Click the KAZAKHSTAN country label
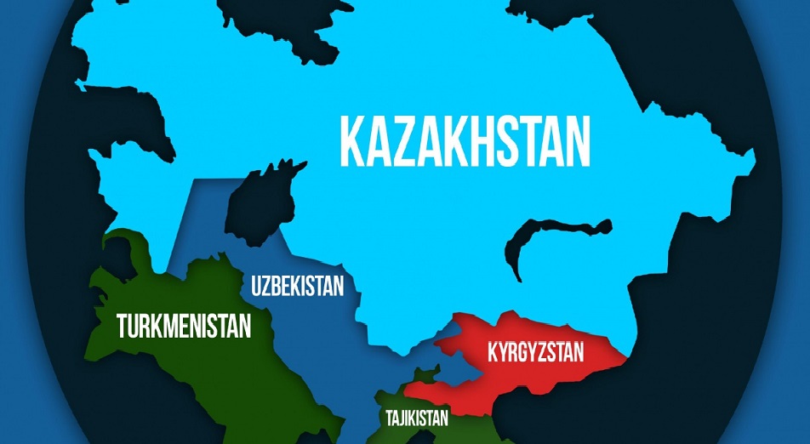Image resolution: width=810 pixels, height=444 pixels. click(x=465, y=141)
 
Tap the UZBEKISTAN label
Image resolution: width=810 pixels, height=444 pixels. click(x=297, y=286)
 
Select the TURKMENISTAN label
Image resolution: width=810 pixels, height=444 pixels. click(x=184, y=325)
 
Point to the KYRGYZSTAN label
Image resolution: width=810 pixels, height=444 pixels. click(x=536, y=351)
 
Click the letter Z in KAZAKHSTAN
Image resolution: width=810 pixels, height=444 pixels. click(x=413, y=141)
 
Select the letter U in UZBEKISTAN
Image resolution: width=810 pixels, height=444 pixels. click(x=257, y=286)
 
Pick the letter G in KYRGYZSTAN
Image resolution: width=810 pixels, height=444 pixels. click(x=530, y=351)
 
